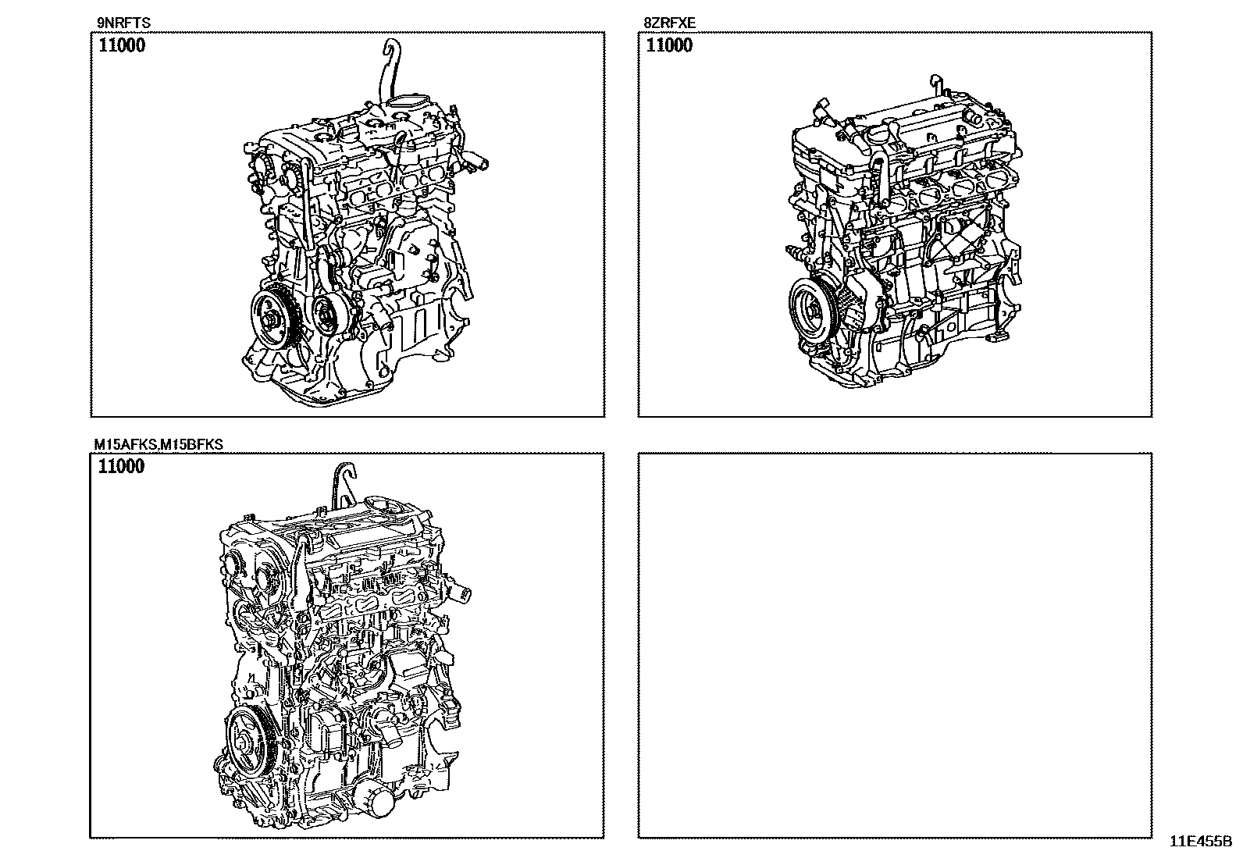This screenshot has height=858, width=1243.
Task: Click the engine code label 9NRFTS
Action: click(123, 23)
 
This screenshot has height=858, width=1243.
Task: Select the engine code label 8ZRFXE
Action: click(670, 23)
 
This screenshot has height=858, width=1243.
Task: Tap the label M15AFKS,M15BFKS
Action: click(158, 444)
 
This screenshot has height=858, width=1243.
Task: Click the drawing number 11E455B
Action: click(1200, 842)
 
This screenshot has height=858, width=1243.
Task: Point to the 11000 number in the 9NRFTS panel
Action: click(122, 45)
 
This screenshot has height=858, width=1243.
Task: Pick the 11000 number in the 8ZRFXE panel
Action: click(669, 45)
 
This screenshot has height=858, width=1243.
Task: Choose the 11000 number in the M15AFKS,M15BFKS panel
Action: click(121, 466)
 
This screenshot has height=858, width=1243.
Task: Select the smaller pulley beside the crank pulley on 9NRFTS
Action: click(329, 316)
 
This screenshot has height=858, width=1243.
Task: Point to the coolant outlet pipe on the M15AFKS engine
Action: click(458, 594)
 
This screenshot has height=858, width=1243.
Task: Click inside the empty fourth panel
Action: click(895, 645)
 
